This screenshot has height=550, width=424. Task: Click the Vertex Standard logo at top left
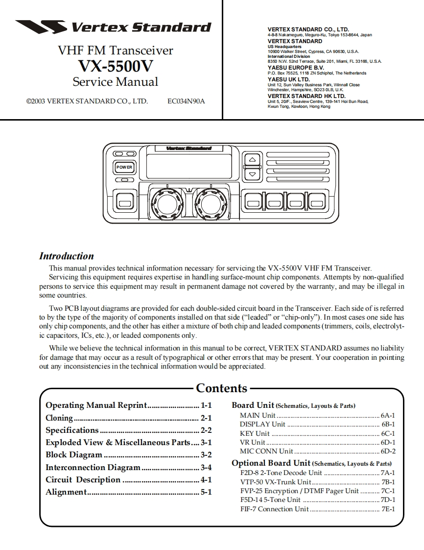[113, 26]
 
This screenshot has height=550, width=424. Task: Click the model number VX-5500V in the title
[116, 66]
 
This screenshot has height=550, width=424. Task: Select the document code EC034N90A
[186, 102]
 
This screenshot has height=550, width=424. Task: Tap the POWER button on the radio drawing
[124, 167]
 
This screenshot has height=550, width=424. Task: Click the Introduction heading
[66, 256]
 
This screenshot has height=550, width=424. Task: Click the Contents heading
[221, 388]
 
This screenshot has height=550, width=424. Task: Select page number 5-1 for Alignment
[206, 492]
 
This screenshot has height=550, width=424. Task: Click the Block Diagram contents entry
[73, 455]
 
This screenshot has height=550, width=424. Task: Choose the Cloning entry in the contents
[59, 418]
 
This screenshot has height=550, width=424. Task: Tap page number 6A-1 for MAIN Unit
[388, 415]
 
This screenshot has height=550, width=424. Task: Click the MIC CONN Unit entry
[266, 451]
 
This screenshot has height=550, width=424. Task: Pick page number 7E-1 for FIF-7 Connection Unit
[388, 509]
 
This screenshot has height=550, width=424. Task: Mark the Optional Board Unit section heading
[271, 463]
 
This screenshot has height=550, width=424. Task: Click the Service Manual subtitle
[116, 81]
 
